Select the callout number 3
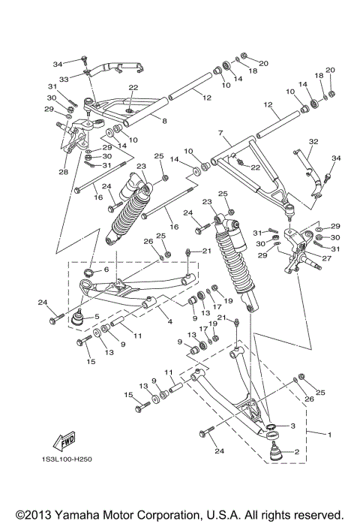(293, 426)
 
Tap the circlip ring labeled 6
(88, 273)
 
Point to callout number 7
(220, 132)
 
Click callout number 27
(325, 257)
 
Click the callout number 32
(314, 141)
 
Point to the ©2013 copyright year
(29, 514)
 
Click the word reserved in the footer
(320, 514)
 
